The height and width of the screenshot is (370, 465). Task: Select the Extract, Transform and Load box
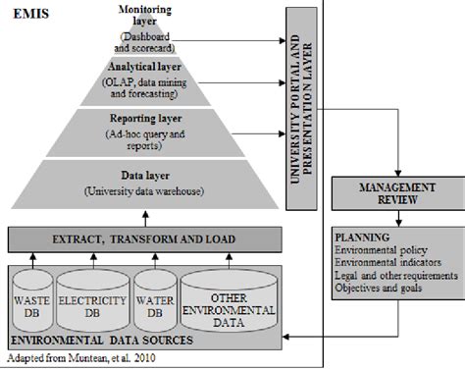point(144,239)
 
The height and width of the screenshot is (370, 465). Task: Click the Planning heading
point(359,238)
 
